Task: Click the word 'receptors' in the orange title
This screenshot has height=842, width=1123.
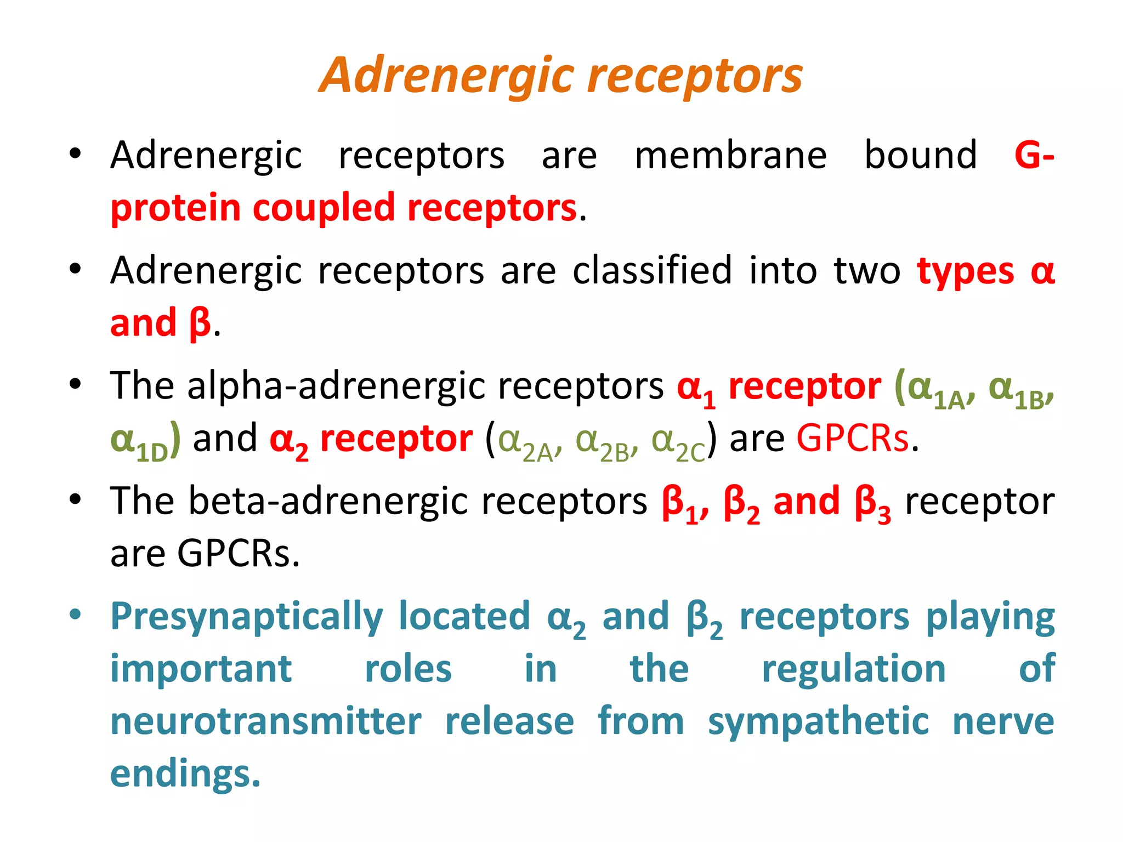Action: (695, 77)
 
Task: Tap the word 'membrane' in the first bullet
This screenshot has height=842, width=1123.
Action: (730, 156)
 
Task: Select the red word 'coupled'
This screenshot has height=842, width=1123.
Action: (324, 209)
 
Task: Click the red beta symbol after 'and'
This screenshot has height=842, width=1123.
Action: (200, 323)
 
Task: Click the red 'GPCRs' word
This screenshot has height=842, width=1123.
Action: (853, 439)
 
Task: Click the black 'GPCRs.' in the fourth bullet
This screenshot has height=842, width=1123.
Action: (239, 554)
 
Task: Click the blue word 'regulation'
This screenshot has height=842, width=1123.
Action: (854, 670)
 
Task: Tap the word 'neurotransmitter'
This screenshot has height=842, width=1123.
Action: (266, 721)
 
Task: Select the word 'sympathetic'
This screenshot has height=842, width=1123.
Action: (818, 722)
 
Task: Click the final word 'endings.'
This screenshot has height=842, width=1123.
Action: (185, 774)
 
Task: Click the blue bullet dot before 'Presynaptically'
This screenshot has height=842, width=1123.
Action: (75, 614)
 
